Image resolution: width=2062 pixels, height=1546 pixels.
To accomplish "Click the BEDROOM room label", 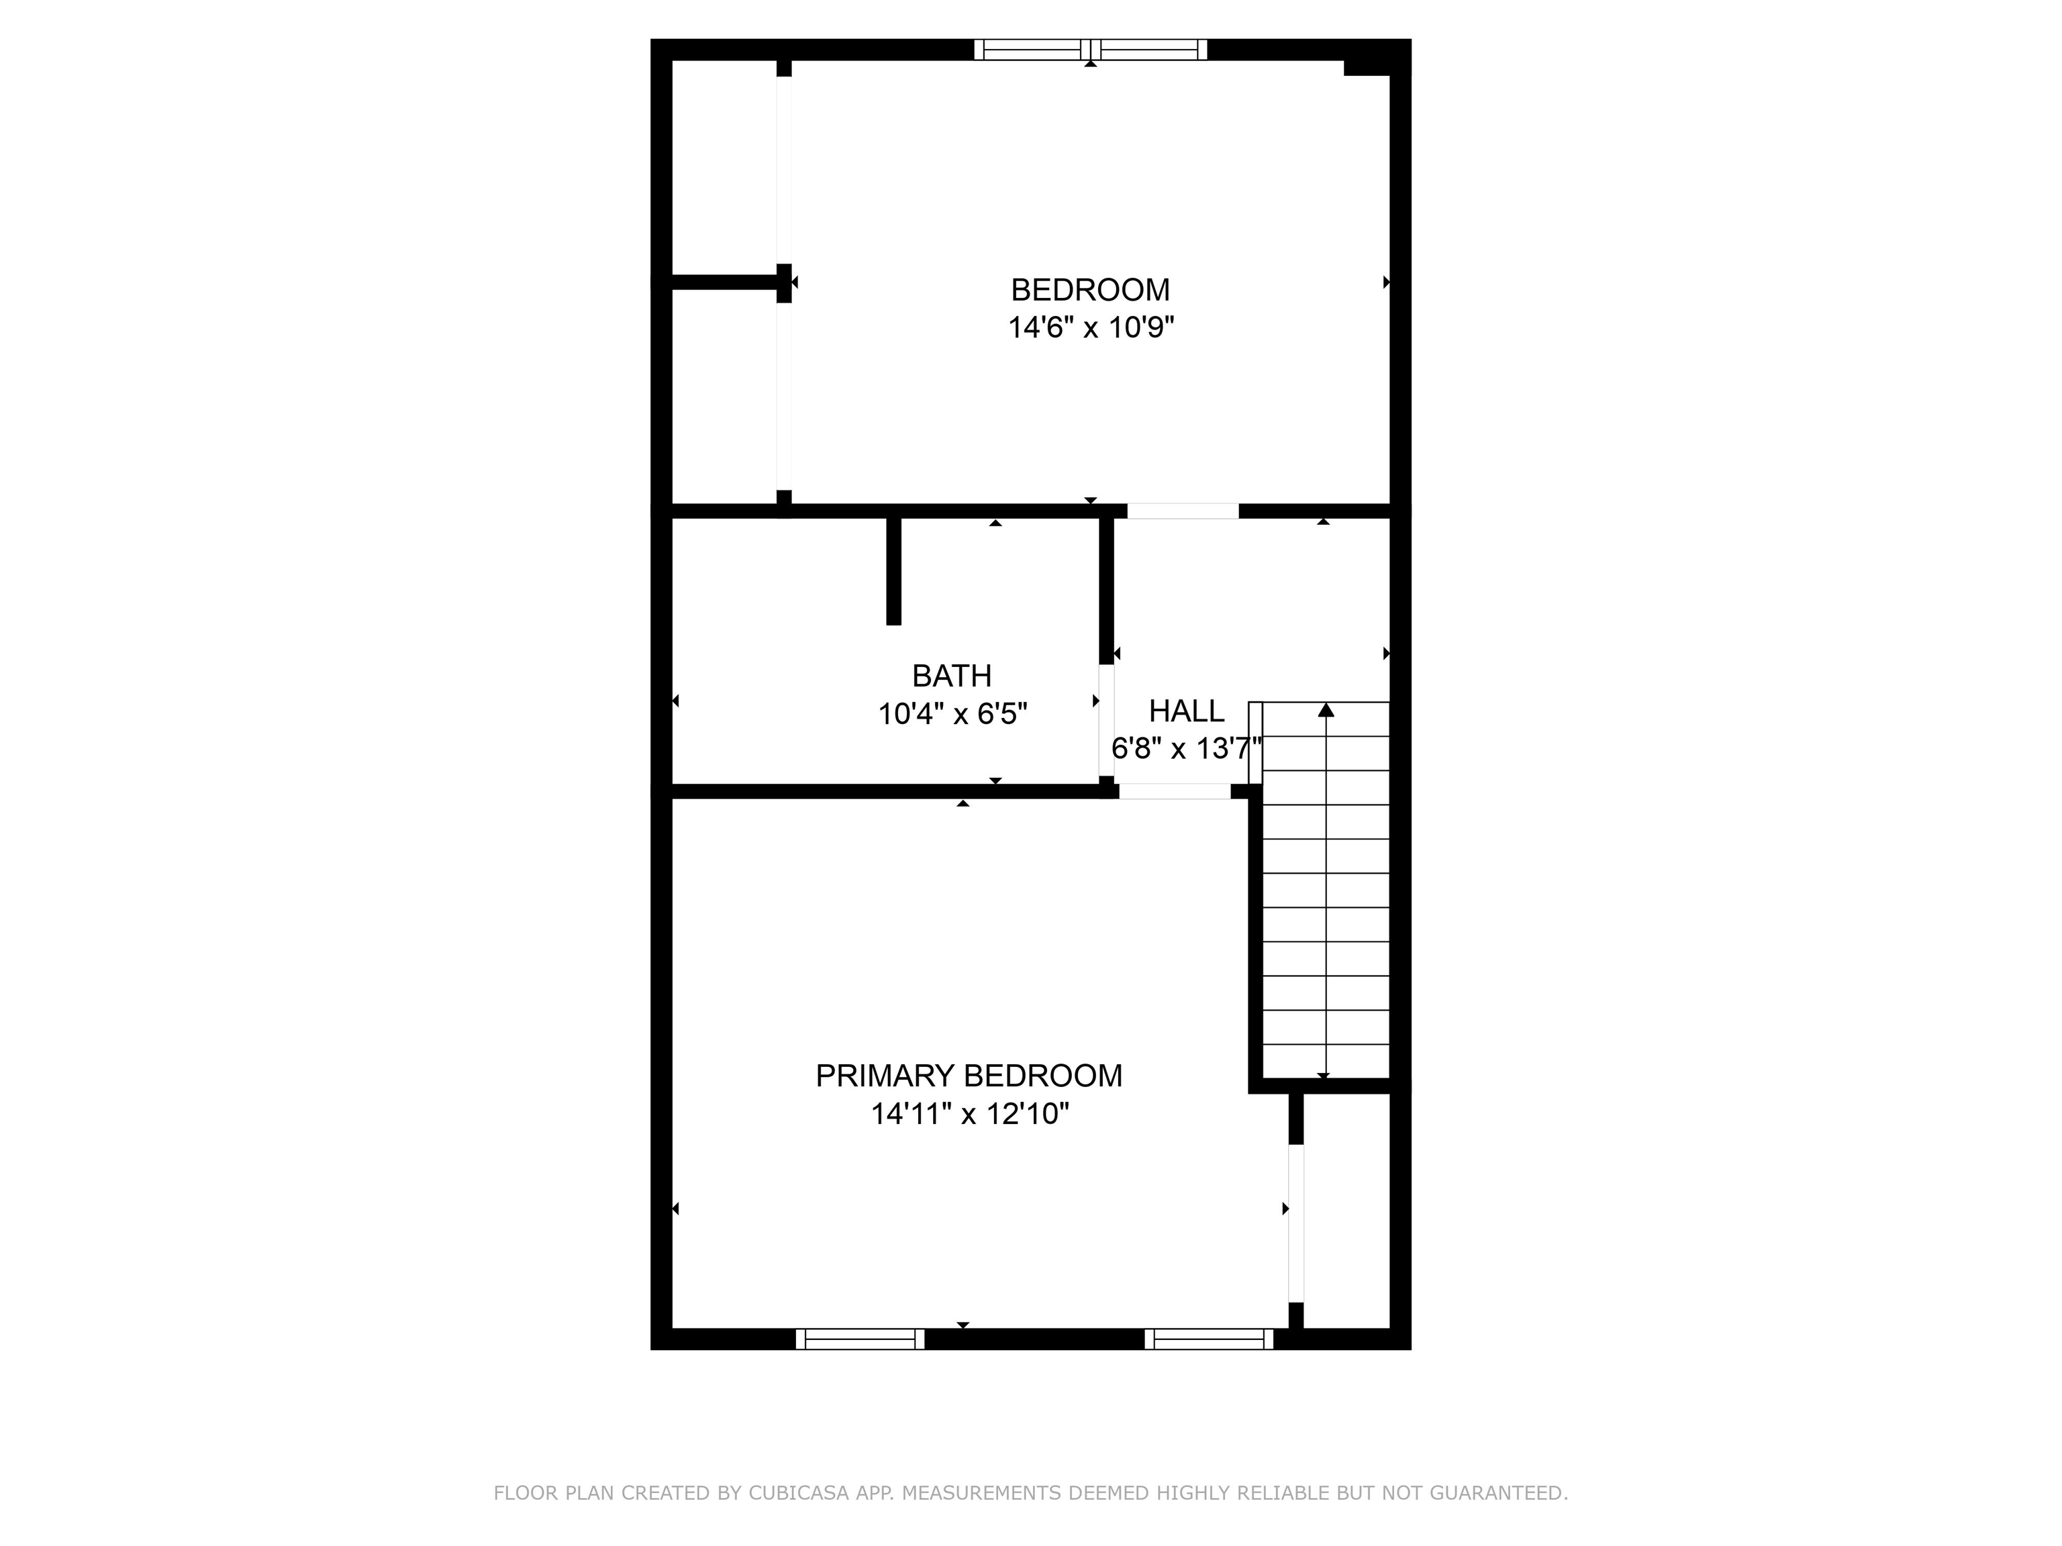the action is pyautogui.click(x=1089, y=290).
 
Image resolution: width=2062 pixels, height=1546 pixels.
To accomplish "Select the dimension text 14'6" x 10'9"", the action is pyautogui.click(x=1089, y=328).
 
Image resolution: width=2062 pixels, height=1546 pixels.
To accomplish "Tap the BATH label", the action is pyautogui.click(x=952, y=676).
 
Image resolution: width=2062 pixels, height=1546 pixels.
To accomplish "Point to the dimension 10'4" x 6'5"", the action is pyautogui.click(x=952, y=714).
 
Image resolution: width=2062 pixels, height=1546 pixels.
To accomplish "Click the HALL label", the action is pyautogui.click(x=1187, y=711).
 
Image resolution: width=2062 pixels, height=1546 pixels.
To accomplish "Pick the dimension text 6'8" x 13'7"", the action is pyautogui.click(x=1187, y=748).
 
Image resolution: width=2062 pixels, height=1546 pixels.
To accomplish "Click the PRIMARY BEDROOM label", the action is pyautogui.click(x=969, y=1076).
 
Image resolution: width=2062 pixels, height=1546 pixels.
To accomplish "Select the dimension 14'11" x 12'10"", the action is pyautogui.click(x=969, y=1114).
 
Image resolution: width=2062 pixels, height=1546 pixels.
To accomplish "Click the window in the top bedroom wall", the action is pyautogui.click(x=1091, y=50).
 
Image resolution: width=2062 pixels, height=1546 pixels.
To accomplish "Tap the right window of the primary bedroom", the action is pyautogui.click(x=1209, y=1339).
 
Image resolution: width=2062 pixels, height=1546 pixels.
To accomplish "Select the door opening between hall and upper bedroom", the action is pyautogui.click(x=1183, y=511).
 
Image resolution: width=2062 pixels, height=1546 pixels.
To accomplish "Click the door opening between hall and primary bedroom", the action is pyautogui.click(x=1175, y=791).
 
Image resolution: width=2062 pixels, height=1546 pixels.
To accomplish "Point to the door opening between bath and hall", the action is pyautogui.click(x=1106, y=721).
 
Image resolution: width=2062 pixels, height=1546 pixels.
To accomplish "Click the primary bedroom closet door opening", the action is pyautogui.click(x=1295, y=1223).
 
